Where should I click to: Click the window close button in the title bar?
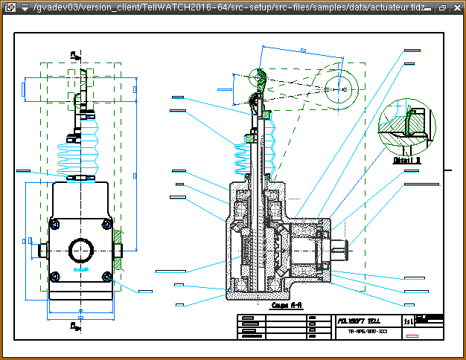point(457,7)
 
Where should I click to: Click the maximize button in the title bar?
point(444,7)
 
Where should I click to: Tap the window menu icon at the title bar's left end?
point(9,7)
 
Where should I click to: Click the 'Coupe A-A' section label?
point(285,305)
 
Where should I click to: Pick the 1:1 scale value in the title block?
point(407,321)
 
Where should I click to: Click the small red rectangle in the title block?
point(412,337)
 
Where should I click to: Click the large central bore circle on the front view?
point(80,250)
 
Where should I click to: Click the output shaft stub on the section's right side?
point(342,250)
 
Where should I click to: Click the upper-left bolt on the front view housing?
point(54,224)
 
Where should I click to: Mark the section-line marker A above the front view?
point(74,54)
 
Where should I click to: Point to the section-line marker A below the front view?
point(74,326)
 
